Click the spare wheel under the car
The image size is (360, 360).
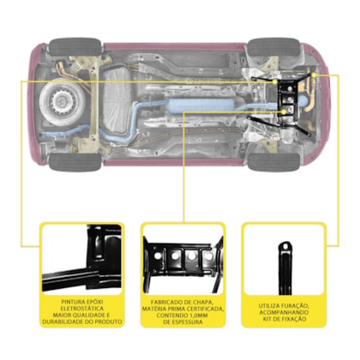tap(63, 101)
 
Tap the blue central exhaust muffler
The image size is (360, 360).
tap(200, 105)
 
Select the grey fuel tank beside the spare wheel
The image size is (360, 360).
tap(117, 100)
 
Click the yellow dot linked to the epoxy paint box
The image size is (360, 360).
tap(275, 82)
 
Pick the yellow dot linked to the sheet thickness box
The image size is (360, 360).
tap(284, 111)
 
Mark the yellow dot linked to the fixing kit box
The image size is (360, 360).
tap(314, 75)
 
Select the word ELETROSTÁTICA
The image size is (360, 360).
tap(82, 309)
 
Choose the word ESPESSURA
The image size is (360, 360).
tap(188, 322)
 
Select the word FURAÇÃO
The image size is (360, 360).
tap(293, 306)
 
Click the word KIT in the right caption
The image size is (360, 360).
tap(267, 319)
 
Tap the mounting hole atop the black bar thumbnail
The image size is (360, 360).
tap(285, 246)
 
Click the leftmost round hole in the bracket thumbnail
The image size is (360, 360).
tap(158, 255)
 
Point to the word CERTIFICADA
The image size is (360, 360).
tap(205, 309)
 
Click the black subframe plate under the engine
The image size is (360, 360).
tap(289, 100)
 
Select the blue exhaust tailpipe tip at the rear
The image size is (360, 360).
tap(45, 135)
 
